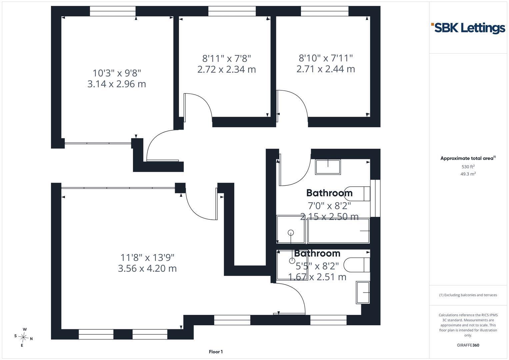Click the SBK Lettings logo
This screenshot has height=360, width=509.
click(468, 28)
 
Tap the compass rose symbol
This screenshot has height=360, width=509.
click(23, 337)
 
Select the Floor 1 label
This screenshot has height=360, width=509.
click(216, 352)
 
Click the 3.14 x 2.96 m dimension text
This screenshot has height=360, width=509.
click(117, 84)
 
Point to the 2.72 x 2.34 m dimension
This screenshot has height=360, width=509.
click(227, 69)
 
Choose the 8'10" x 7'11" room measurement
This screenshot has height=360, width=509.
click(326, 58)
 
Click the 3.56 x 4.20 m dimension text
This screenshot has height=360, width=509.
click(147, 268)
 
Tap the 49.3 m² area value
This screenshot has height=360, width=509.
click(468, 174)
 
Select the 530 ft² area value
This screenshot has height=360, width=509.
click(468, 167)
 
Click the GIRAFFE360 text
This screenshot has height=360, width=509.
click(468, 345)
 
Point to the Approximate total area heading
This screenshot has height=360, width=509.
click(468, 158)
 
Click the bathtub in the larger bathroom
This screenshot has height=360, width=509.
click(339, 231)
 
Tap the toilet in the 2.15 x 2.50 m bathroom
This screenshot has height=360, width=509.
click(357, 194)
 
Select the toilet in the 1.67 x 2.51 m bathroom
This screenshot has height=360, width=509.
click(357, 265)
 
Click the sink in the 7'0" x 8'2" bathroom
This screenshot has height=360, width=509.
click(328, 167)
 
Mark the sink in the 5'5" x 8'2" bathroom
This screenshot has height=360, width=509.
click(363, 293)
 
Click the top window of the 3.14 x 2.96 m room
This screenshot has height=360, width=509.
click(113, 11)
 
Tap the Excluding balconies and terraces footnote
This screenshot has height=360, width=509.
click(468, 295)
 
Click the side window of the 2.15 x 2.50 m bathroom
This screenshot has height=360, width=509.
click(375, 198)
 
